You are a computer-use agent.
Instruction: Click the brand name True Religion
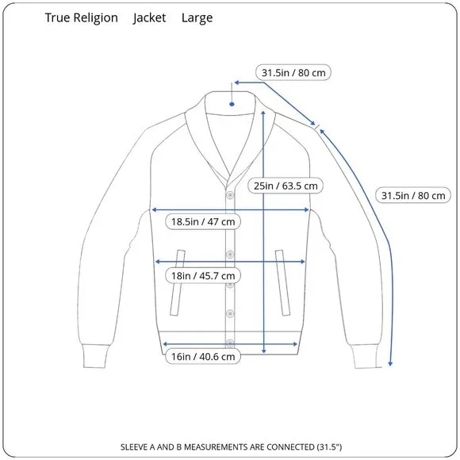point(81,18)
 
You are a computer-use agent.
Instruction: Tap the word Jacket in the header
point(149,18)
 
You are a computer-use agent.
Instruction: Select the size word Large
point(197,18)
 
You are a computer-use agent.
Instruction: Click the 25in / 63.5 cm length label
point(286,186)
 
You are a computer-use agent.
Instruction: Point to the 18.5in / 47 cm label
point(203,221)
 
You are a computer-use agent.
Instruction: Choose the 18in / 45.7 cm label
point(203,276)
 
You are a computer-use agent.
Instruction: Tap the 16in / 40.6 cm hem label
point(203,356)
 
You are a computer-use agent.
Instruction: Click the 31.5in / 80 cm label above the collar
point(293,72)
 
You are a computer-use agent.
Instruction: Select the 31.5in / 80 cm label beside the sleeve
point(413,195)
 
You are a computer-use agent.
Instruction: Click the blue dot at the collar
point(232,104)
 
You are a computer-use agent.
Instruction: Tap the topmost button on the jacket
point(230,195)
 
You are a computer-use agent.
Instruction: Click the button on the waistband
point(230,343)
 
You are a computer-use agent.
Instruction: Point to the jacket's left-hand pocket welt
point(178,283)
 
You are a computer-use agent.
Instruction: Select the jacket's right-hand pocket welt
point(282,283)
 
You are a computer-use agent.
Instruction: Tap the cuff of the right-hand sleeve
point(366,355)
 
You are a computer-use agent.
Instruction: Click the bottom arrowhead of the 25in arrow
point(264,351)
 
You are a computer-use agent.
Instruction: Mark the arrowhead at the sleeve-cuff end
point(390,363)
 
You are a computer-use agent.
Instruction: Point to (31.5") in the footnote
point(329,447)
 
